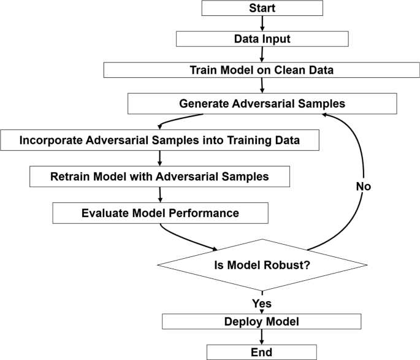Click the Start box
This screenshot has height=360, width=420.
[262, 8]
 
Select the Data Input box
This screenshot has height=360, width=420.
[262, 39]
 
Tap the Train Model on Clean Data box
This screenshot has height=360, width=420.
[262, 70]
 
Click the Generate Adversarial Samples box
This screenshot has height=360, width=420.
[262, 104]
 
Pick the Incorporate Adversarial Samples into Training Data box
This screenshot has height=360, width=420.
[159, 140]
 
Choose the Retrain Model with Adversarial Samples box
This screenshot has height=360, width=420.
[159, 177]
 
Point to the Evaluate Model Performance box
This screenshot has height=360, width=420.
[160, 213]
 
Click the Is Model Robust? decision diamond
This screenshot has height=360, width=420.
[262, 266]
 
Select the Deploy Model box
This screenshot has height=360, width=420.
[262, 321]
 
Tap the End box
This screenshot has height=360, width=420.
[262, 351]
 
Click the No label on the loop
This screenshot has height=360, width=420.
[364, 186]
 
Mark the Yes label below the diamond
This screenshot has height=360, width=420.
[262, 303]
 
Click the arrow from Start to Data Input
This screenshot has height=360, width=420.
[262, 23]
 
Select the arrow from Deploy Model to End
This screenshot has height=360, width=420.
[262, 337]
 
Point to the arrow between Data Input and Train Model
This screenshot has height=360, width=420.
[262, 55]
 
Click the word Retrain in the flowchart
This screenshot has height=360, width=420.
[69, 177]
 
